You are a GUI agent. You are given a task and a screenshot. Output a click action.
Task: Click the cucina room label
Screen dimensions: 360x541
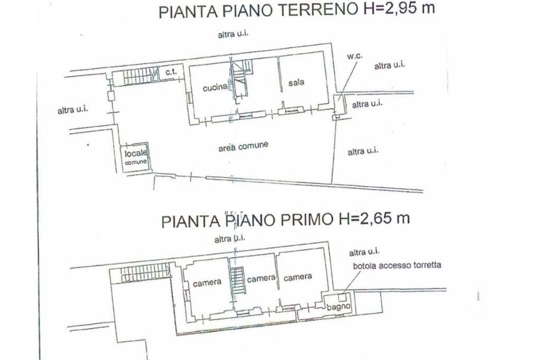[215, 88]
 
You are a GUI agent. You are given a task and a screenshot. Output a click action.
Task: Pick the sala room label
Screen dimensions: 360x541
[297, 83]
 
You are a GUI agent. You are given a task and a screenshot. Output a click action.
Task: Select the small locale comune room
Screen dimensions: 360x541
[136, 157]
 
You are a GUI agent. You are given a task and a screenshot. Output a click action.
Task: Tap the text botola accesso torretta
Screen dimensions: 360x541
[397, 265]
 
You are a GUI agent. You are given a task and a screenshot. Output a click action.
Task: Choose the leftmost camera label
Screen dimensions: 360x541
[207, 282]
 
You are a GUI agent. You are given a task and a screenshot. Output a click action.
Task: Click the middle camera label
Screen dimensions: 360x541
[262, 278]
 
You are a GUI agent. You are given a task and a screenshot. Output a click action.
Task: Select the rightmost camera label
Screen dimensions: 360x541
[297, 277]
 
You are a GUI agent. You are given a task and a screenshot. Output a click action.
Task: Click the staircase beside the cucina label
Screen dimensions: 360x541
[240, 79]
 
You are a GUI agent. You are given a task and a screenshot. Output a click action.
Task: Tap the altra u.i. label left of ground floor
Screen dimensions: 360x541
[72, 110]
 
